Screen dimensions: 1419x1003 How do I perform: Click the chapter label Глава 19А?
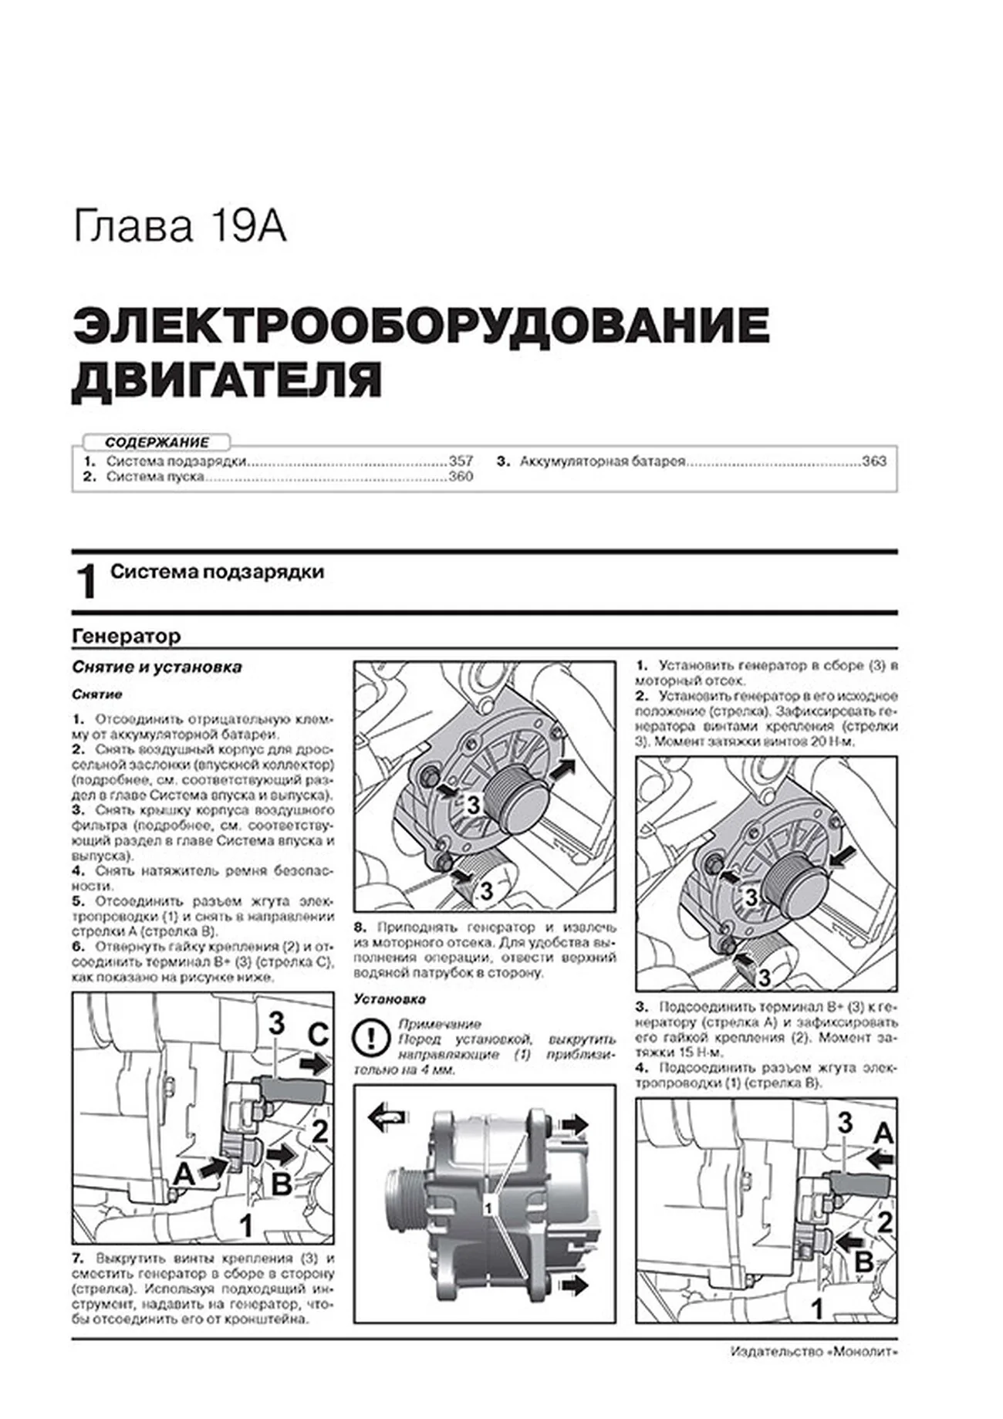180,228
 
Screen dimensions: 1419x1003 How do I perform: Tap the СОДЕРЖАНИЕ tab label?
157,443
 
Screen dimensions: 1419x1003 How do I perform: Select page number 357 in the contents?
460,461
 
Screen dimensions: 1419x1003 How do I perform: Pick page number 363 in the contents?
874,461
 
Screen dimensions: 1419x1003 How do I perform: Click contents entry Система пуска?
155,477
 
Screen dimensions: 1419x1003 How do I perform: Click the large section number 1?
87,582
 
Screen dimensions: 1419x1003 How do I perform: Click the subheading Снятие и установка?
157,667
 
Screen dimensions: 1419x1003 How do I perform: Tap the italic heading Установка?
390,999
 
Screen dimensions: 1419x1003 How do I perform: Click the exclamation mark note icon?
370,1039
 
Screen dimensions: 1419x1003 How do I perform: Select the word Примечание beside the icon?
439,1024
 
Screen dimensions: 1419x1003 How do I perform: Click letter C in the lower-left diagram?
318,1035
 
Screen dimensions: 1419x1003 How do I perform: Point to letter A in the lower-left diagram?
183,1174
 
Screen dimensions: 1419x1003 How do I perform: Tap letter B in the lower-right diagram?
864,1262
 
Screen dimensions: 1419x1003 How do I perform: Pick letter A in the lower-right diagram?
882,1133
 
